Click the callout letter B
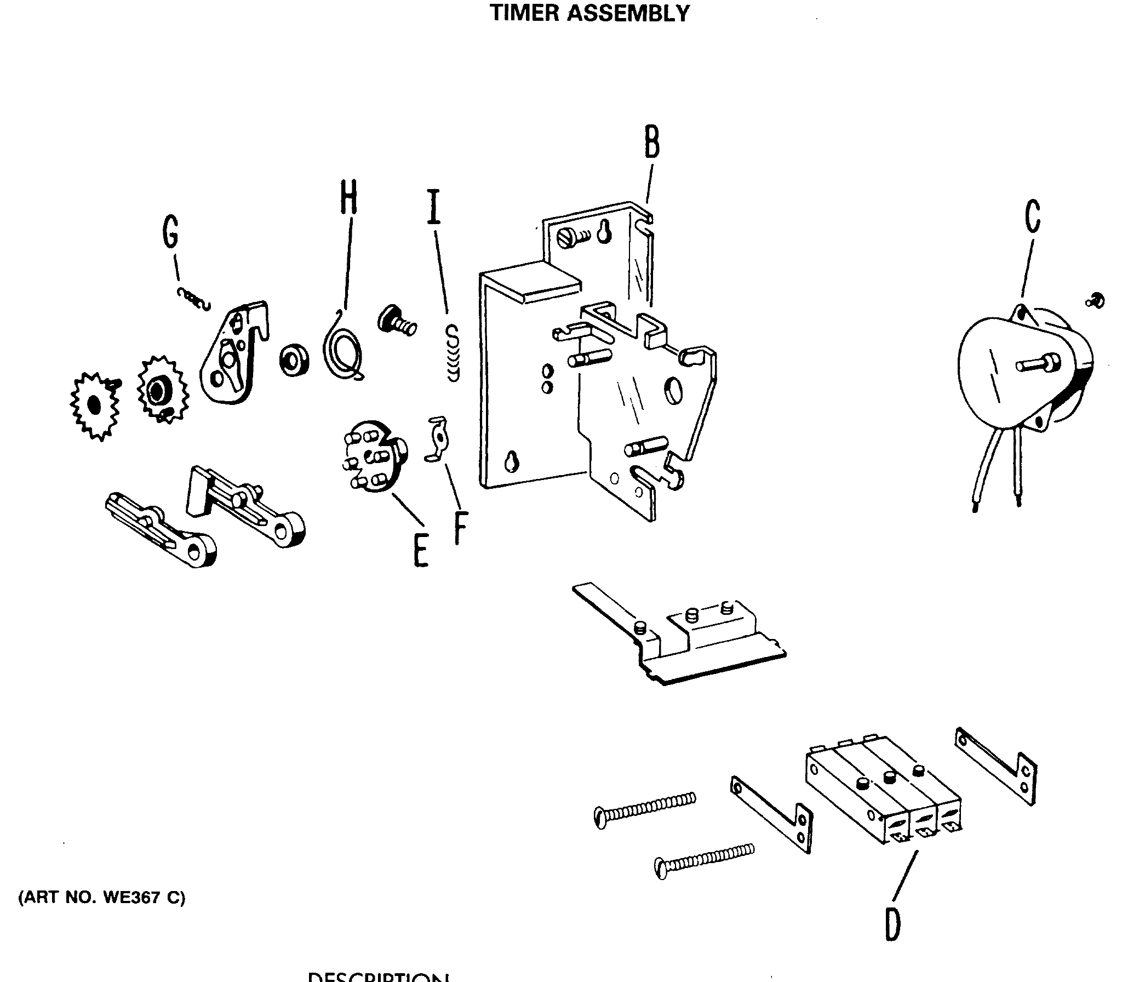click(651, 142)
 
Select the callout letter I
click(434, 207)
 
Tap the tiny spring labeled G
click(193, 299)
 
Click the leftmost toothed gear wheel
click(95, 405)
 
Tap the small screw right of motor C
click(1095, 300)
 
